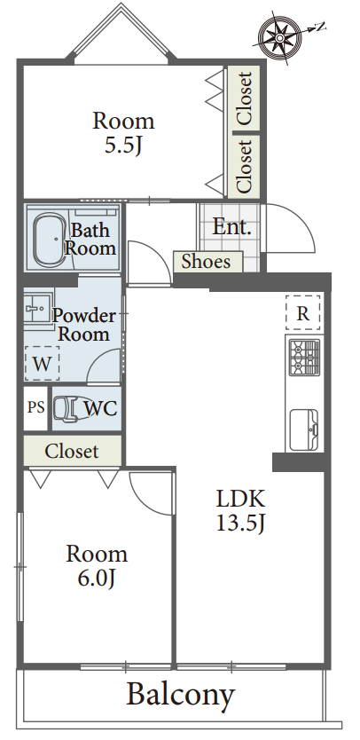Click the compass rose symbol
280,35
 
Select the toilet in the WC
67,408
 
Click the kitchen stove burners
304,358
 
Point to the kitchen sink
303,430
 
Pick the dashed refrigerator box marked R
303,312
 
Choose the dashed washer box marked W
42,364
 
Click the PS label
35,407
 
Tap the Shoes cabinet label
207,262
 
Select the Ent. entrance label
231,227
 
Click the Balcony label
181,694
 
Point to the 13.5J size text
240,523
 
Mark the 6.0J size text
97,579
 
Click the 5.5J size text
123,146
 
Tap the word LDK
240,498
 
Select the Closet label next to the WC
72,452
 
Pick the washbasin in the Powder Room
37,309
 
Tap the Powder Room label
84,325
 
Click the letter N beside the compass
321,27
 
